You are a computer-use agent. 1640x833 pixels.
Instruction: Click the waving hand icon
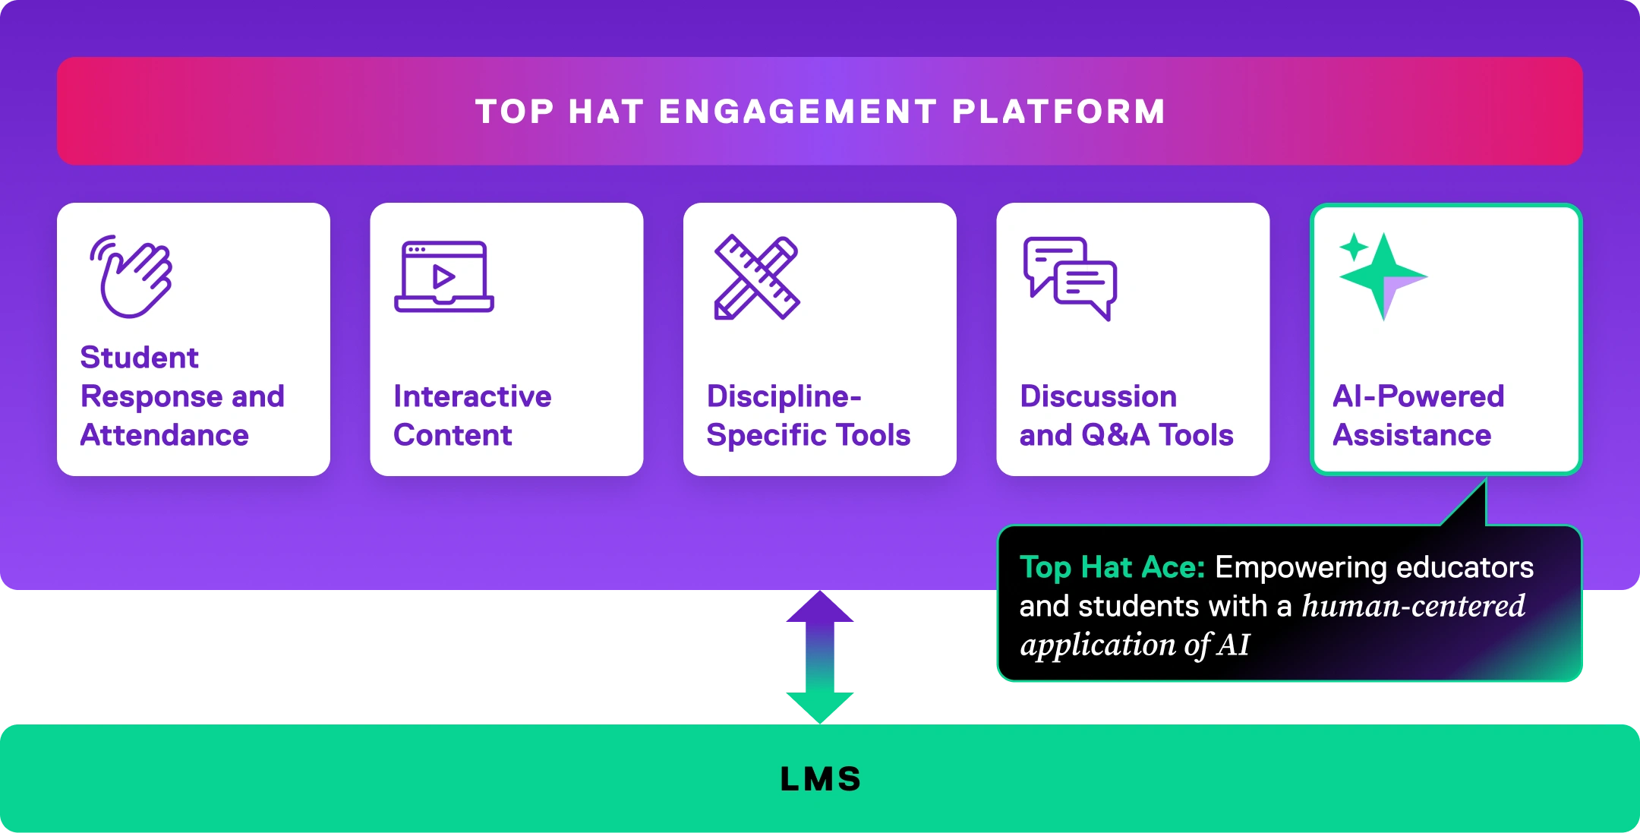(134, 276)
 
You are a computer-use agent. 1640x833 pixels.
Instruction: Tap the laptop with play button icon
(444, 276)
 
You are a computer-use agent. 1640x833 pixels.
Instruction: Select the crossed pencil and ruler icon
(757, 277)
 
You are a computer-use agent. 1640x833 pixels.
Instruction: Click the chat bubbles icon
(1070, 278)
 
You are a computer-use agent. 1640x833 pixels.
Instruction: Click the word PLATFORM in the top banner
(1058, 112)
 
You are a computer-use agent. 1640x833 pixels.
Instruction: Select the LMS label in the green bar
(821, 779)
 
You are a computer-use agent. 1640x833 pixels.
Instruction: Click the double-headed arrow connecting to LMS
(820, 656)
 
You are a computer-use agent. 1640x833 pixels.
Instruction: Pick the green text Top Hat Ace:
(1112, 567)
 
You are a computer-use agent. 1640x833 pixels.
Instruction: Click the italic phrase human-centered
(1413, 606)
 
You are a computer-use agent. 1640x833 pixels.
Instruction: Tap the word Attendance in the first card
(165, 435)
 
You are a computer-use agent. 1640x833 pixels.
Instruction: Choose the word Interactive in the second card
(472, 396)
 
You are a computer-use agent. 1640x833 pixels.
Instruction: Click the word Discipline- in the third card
(784, 396)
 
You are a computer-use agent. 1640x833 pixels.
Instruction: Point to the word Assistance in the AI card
(1412, 435)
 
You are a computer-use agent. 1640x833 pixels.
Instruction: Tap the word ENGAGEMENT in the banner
(797, 112)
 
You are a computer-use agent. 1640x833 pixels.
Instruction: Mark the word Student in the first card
(140, 358)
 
